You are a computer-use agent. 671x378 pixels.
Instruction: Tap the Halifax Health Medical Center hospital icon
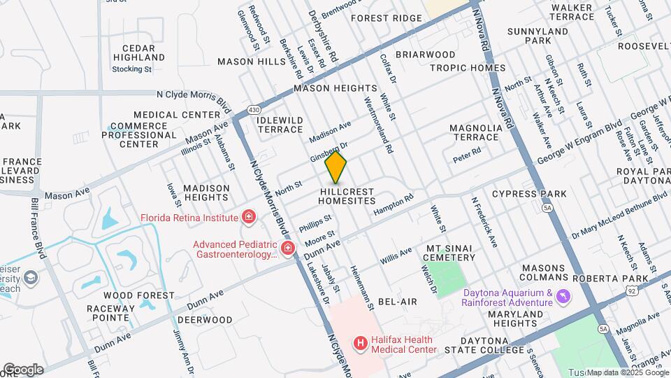coord(361,343)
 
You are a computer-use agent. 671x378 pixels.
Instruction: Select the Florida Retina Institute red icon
coord(247,218)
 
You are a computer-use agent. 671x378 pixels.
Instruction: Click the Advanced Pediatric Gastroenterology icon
coord(287,248)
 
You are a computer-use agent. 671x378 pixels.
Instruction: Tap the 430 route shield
coord(253,110)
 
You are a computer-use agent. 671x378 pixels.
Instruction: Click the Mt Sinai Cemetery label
coord(450,253)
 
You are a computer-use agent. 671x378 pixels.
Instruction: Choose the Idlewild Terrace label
coord(280,125)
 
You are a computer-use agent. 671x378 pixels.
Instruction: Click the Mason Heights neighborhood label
coord(335,89)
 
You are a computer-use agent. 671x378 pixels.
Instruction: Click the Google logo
coord(23,369)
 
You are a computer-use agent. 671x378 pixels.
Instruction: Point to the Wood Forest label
coord(129,295)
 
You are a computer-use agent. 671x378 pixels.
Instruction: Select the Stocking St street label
coord(132,69)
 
